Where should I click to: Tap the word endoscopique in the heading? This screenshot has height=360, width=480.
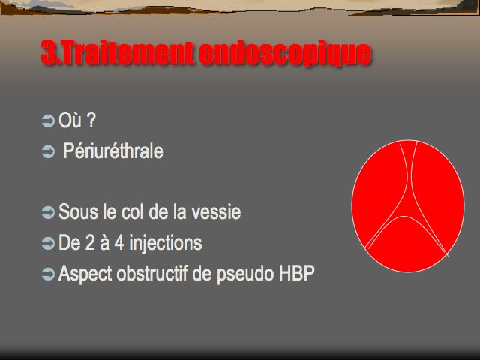(x=285, y=55)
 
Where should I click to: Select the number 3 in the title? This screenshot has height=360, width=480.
(x=48, y=52)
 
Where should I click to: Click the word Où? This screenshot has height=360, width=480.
(x=70, y=120)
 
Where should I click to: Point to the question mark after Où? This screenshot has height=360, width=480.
(x=91, y=120)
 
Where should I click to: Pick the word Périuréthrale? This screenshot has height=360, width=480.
(x=113, y=151)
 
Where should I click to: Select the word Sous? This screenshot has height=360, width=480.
(x=78, y=211)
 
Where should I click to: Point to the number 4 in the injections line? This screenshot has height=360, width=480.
(x=119, y=242)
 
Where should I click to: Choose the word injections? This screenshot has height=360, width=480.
(x=166, y=244)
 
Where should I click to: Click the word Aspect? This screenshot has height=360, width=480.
(x=85, y=274)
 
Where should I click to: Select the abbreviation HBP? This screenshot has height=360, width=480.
(x=297, y=273)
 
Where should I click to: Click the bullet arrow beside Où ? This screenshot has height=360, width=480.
(x=48, y=121)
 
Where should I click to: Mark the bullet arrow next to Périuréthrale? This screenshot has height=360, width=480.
(x=48, y=152)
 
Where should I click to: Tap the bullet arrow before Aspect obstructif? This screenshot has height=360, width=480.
(x=48, y=274)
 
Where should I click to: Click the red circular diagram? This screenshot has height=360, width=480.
(x=408, y=206)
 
